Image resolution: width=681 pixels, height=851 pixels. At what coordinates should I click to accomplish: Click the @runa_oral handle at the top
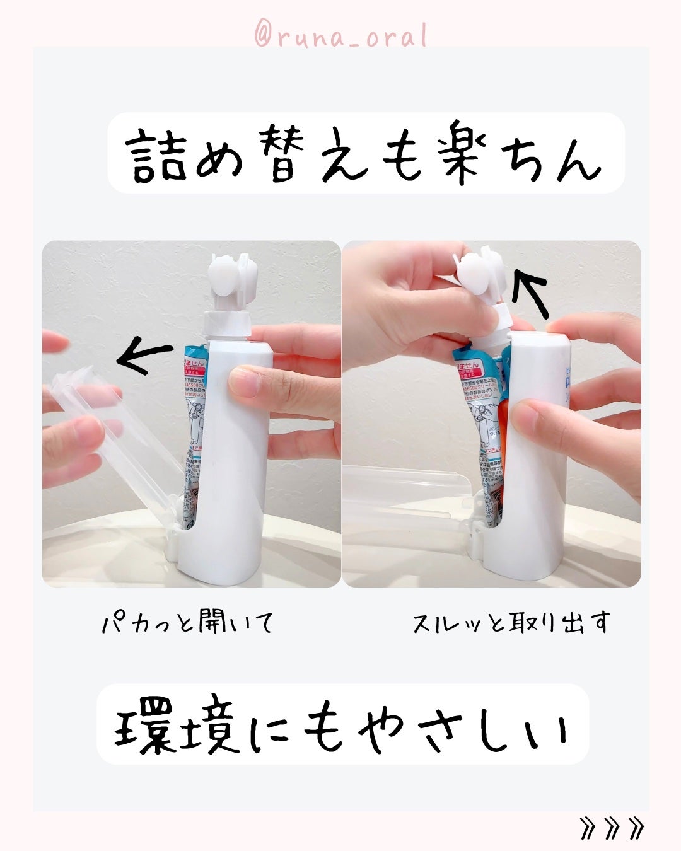pyautogui.click(x=340, y=37)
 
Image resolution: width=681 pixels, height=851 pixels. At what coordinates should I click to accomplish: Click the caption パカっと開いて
pyautogui.click(x=188, y=623)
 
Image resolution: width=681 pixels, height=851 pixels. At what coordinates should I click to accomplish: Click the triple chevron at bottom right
pyautogui.click(x=612, y=828)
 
